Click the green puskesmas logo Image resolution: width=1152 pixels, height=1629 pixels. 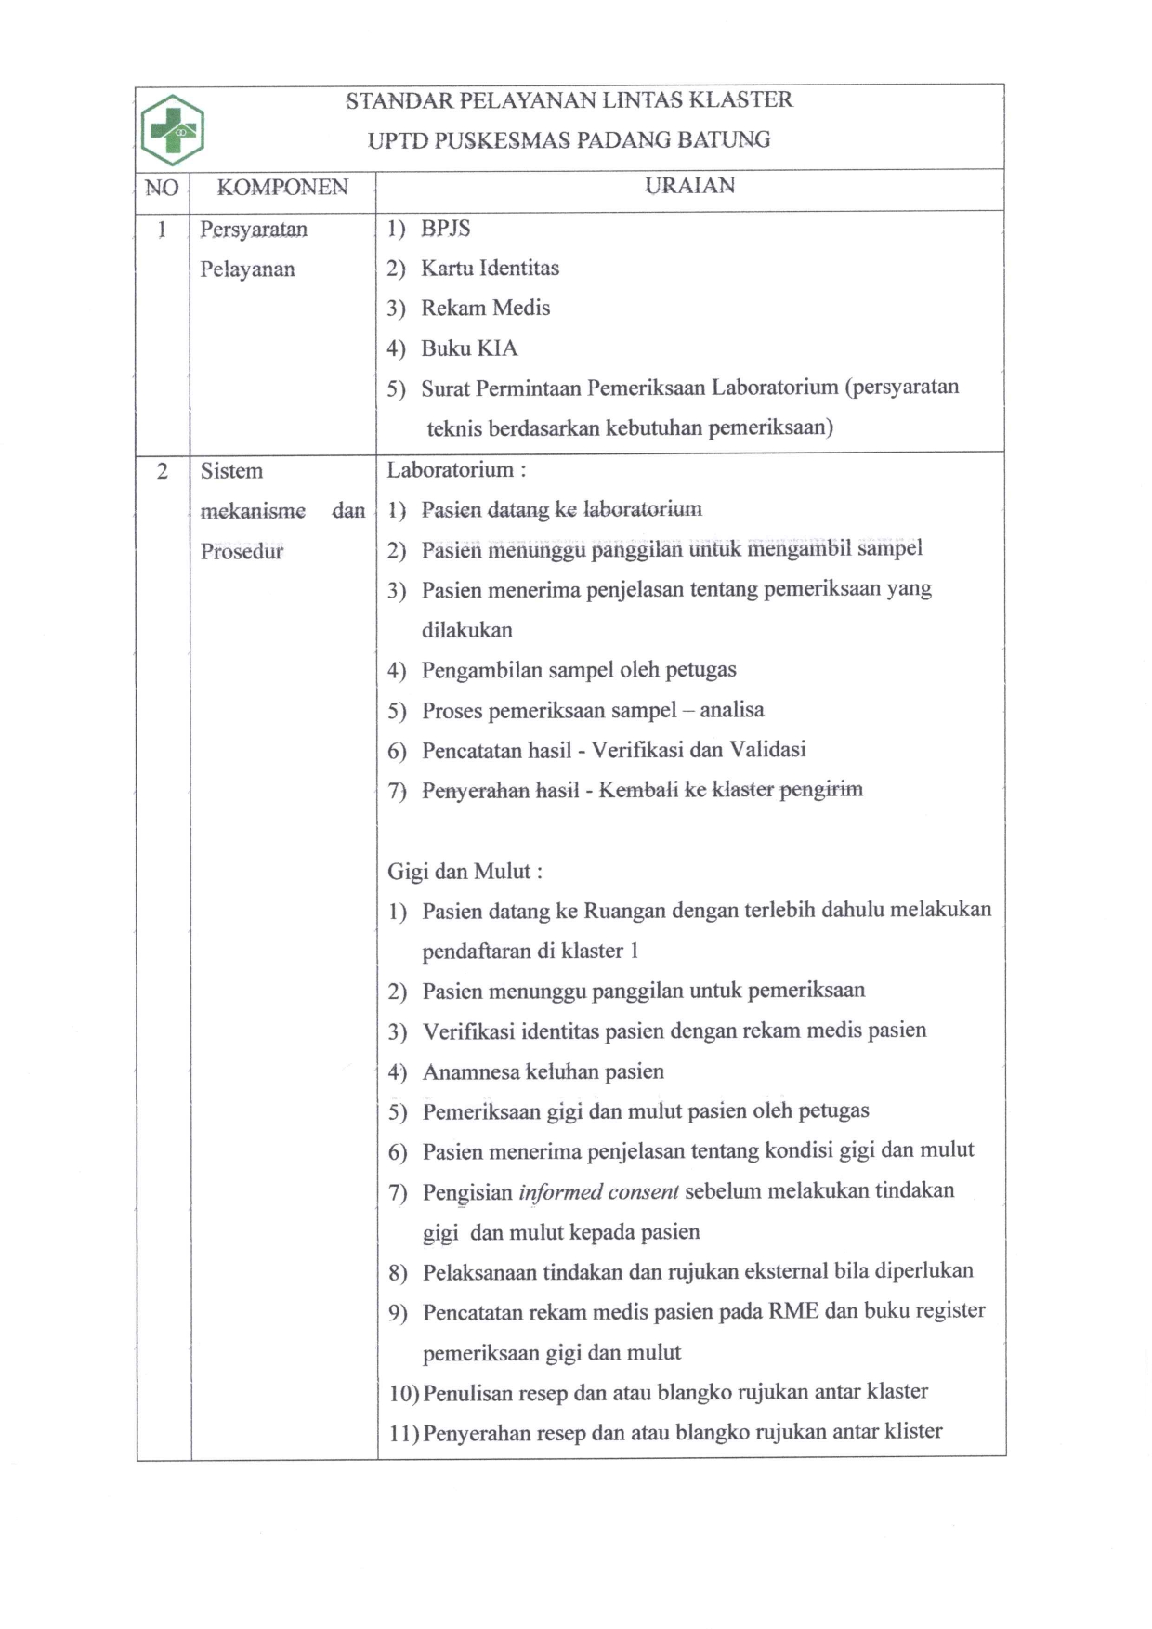173,130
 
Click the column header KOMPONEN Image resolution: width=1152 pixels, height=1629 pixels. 282,188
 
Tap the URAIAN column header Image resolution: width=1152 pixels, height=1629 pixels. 689,186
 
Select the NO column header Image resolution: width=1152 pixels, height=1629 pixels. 162,189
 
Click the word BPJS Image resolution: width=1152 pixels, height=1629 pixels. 446,229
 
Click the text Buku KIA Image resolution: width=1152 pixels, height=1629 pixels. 469,348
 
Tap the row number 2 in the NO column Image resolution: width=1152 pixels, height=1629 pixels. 163,472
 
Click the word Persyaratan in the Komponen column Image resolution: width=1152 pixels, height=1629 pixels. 254,230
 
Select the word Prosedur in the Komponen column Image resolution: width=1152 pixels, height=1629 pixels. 242,551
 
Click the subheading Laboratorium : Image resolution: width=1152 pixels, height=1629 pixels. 456,470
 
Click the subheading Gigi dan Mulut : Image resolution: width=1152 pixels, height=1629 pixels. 465,872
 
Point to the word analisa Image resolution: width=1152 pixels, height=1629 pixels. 732,710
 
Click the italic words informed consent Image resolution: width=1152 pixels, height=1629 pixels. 598,1191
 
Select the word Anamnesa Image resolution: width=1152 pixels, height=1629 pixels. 471,1072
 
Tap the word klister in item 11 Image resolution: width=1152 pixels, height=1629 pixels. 914,1431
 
